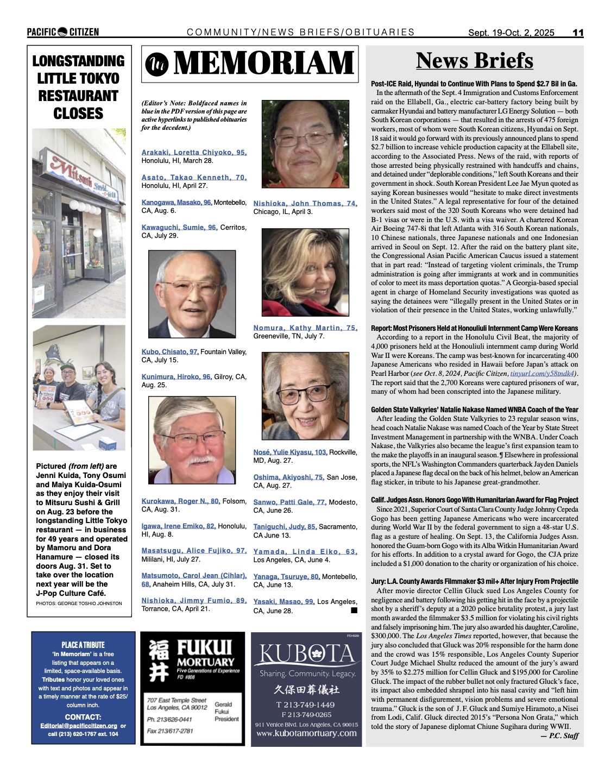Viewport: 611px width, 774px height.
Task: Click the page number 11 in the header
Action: coord(578,33)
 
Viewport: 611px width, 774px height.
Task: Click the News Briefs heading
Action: coord(474,61)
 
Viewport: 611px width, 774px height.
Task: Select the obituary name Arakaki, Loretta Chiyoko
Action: coord(194,153)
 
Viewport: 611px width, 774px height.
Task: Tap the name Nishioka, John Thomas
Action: coord(305,204)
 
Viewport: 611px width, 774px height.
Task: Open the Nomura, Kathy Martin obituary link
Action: coord(305,328)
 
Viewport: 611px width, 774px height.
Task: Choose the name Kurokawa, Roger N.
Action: coord(180,501)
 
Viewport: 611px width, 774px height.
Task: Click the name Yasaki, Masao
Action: coord(284,602)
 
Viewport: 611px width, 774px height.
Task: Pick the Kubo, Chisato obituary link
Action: coord(170,352)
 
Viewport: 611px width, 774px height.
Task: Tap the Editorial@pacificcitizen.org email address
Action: coord(79,726)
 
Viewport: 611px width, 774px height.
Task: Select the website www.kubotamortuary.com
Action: coord(306,733)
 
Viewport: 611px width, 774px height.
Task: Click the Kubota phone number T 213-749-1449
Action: coord(306,705)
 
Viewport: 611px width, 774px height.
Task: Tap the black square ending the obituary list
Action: coord(354,611)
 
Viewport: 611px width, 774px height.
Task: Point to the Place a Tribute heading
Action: coord(83,645)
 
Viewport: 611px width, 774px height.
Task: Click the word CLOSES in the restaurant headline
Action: coord(78,114)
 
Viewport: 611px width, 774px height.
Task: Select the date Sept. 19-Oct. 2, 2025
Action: coord(511,33)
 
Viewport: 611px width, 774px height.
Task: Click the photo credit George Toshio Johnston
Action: coord(79,603)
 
